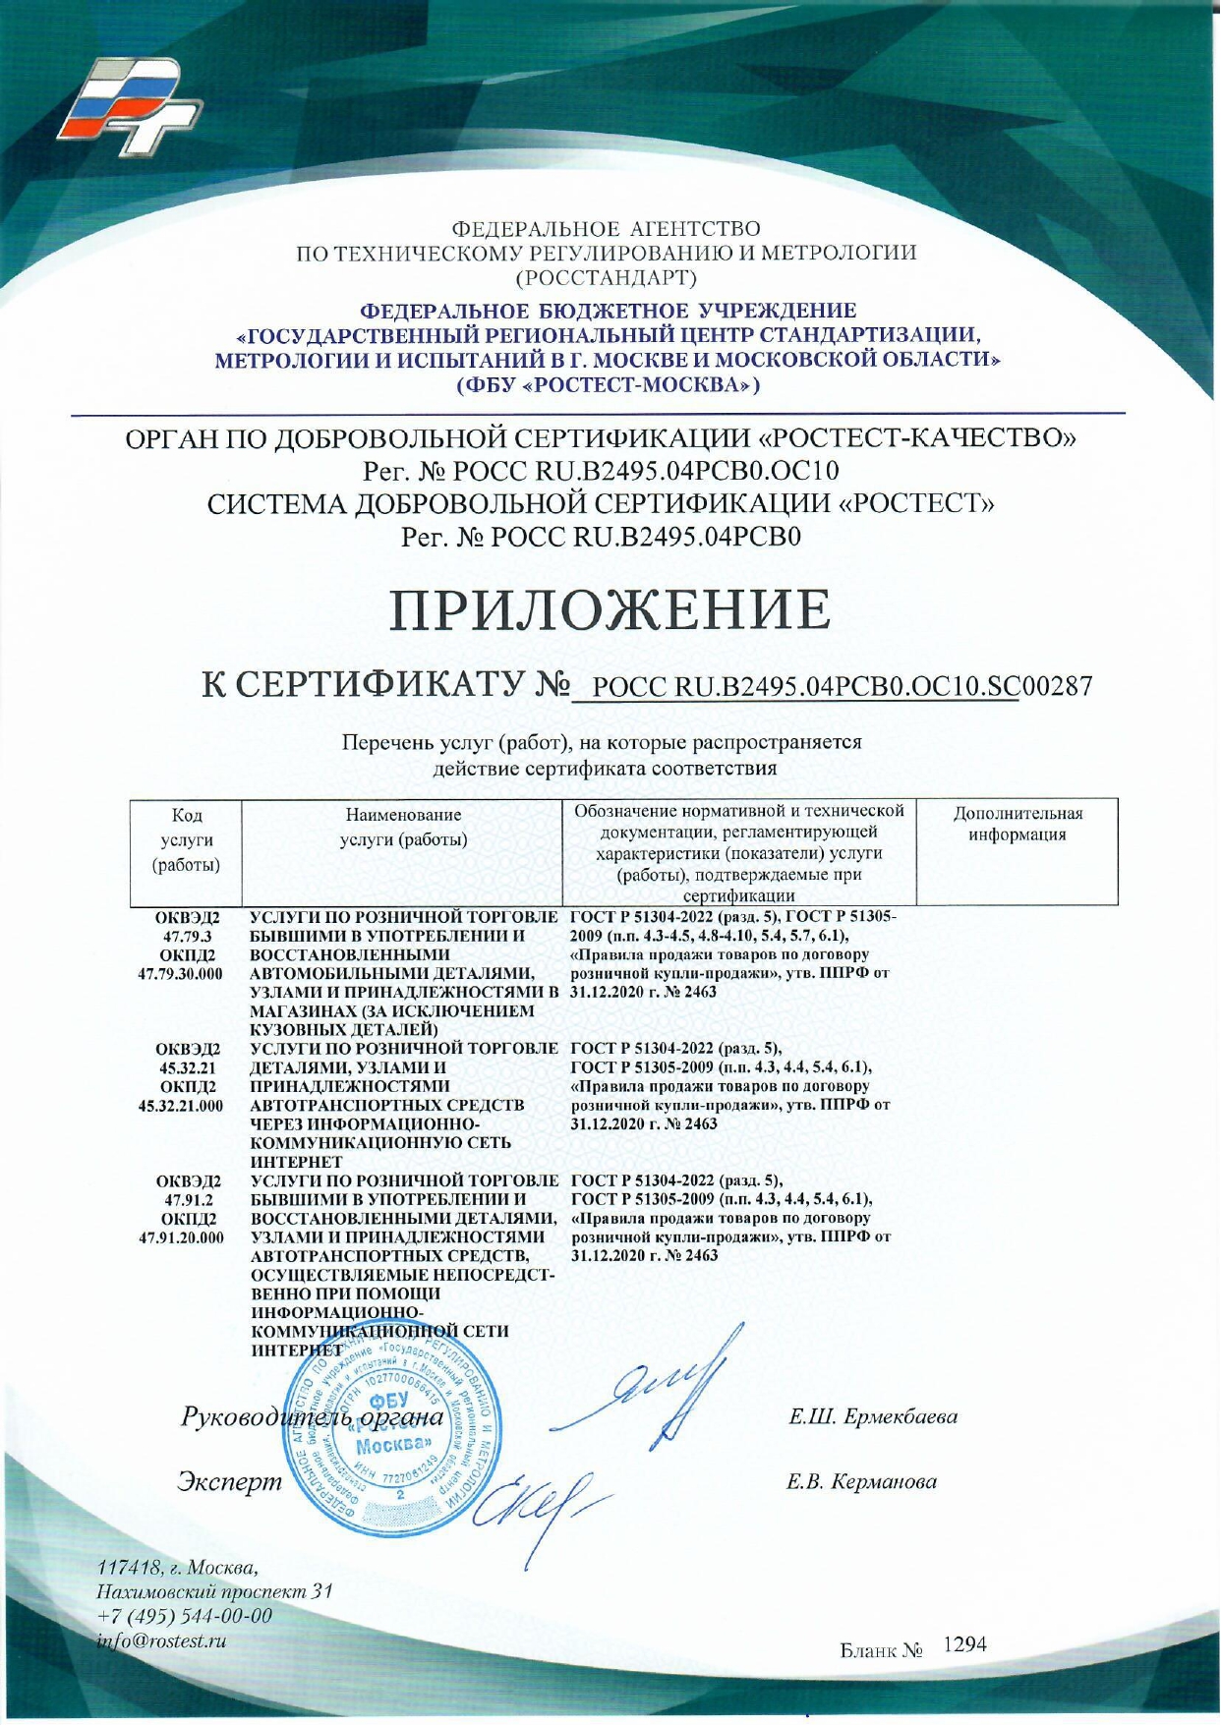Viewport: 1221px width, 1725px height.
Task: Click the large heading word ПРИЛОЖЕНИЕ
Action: click(610, 609)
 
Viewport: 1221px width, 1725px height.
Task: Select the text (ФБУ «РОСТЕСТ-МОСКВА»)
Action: click(610, 384)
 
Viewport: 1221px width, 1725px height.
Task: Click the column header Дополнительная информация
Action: click(1017, 825)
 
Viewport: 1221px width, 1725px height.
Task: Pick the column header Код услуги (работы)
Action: click(186, 840)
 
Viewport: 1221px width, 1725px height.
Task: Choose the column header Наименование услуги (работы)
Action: click(403, 828)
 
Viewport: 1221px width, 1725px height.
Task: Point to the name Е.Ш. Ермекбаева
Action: click(873, 1417)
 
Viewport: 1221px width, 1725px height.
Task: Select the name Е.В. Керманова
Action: click(861, 1482)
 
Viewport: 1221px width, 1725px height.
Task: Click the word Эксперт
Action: click(224, 1481)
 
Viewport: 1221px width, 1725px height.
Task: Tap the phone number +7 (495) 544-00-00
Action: click(185, 1617)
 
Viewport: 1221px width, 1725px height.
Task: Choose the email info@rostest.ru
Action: click(162, 1640)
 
